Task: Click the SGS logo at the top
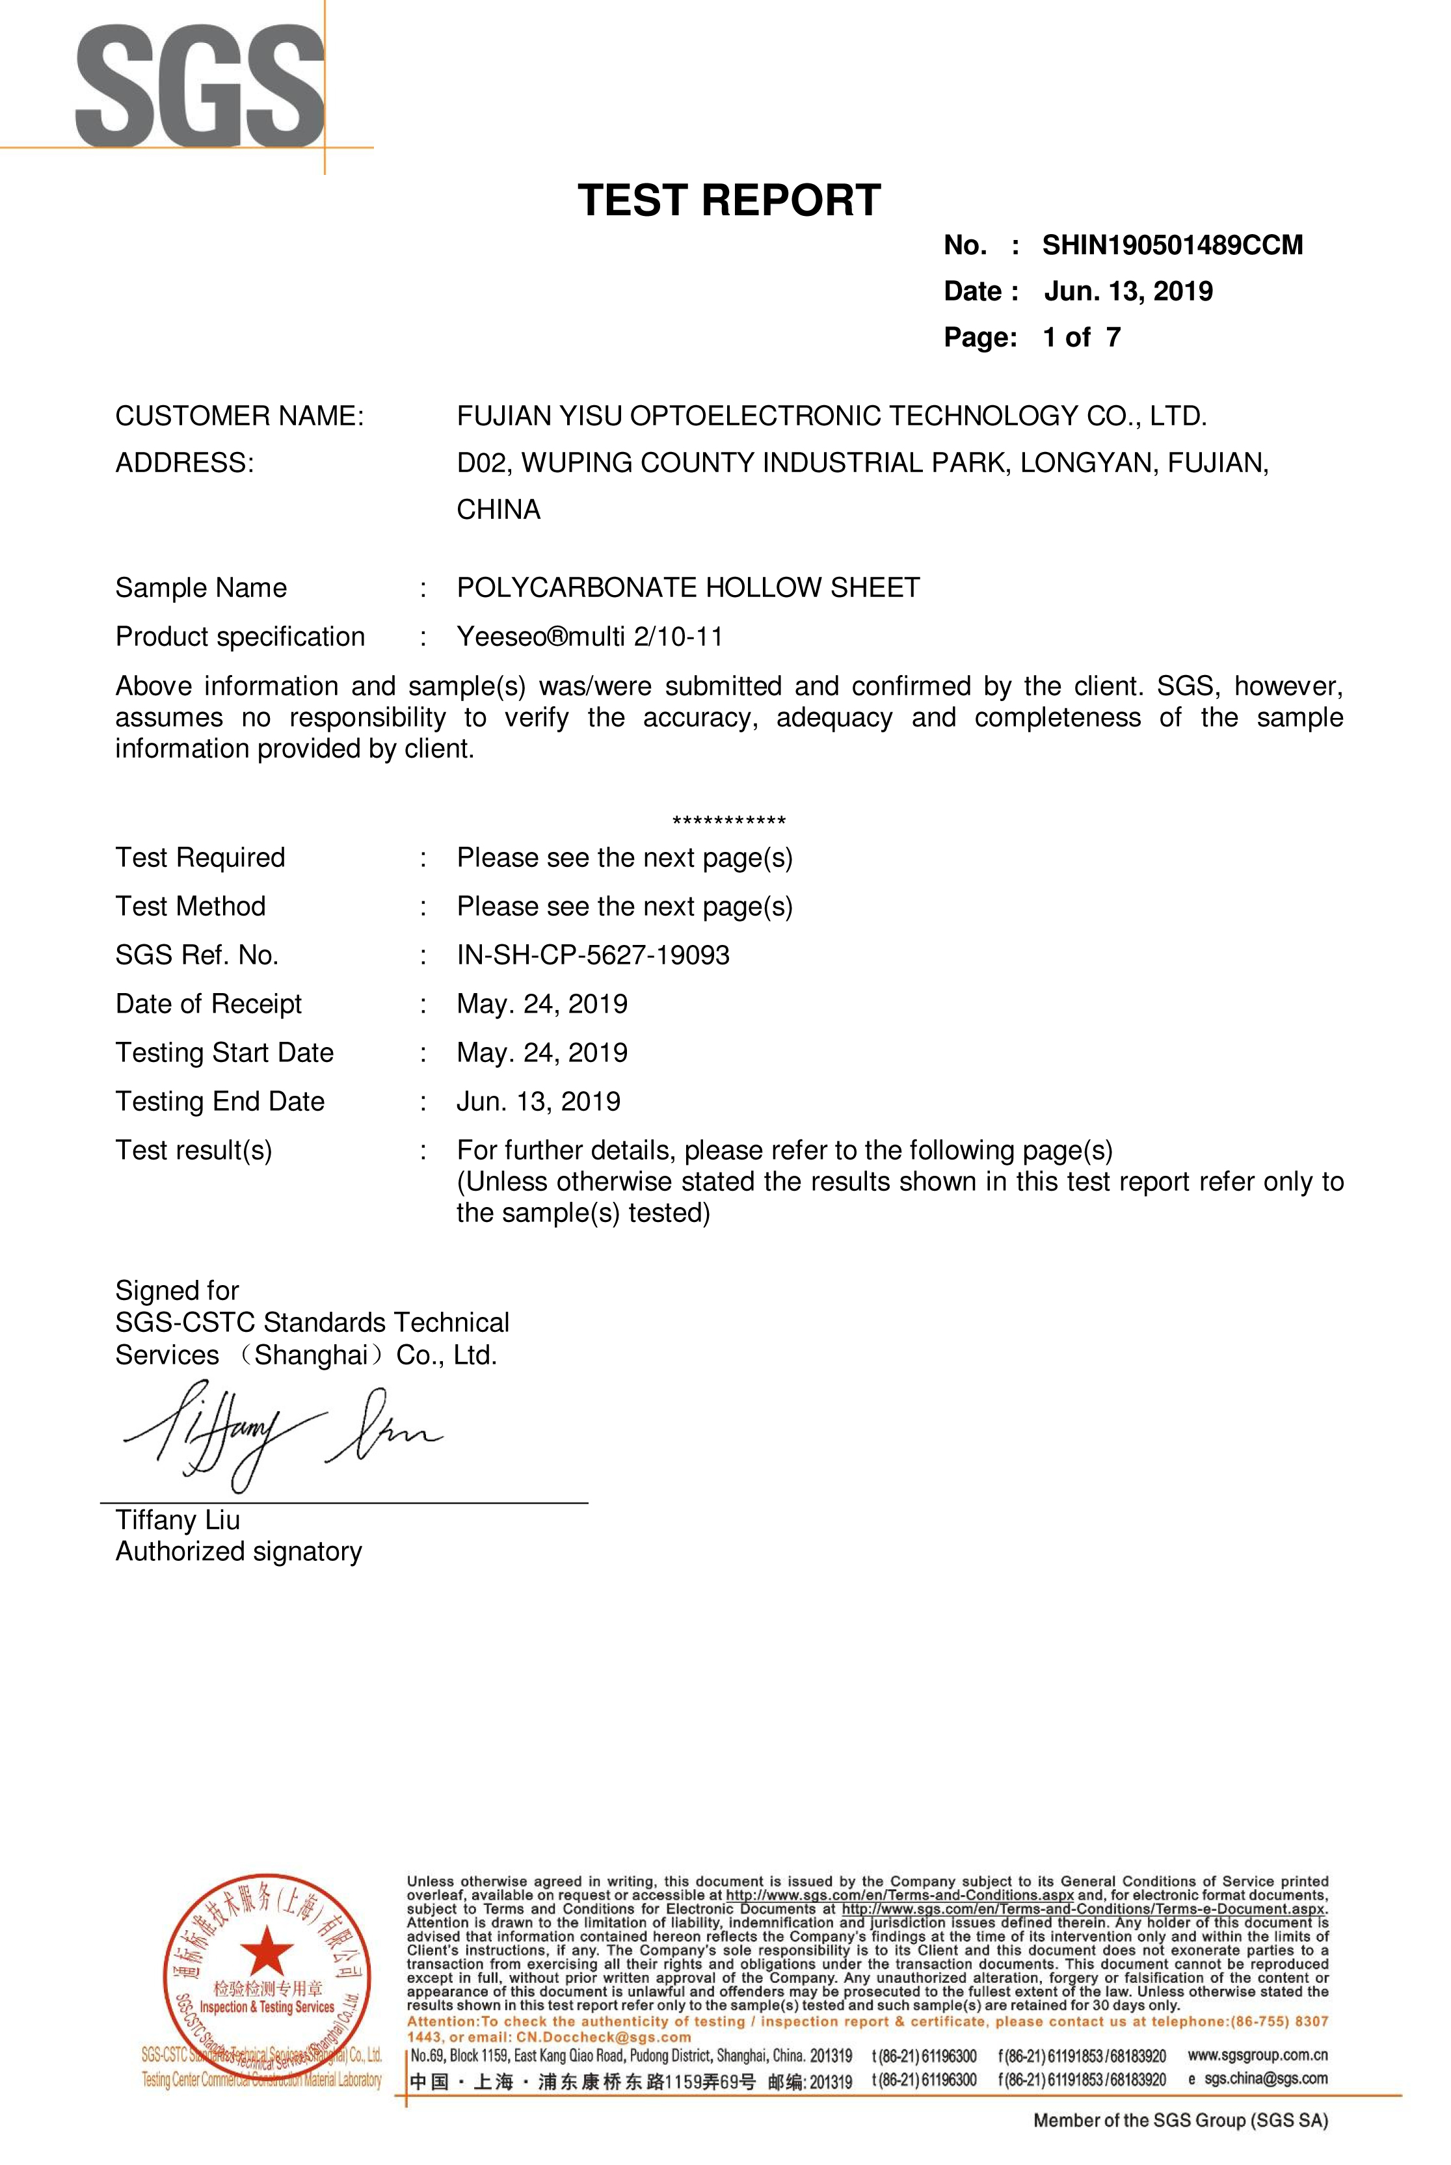(199, 88)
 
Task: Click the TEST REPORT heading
(728, 201)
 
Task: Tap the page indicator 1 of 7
(1081, 338)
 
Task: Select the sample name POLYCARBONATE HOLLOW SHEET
(687, 587)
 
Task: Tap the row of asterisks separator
(728, 821)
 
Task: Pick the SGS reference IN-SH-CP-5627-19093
(592, 955)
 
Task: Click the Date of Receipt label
(208, 1004)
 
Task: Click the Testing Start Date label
(224, 1053)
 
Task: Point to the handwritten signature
(278, 1434)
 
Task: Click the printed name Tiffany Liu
(178, 1520)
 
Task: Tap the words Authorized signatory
(239, 1552)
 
